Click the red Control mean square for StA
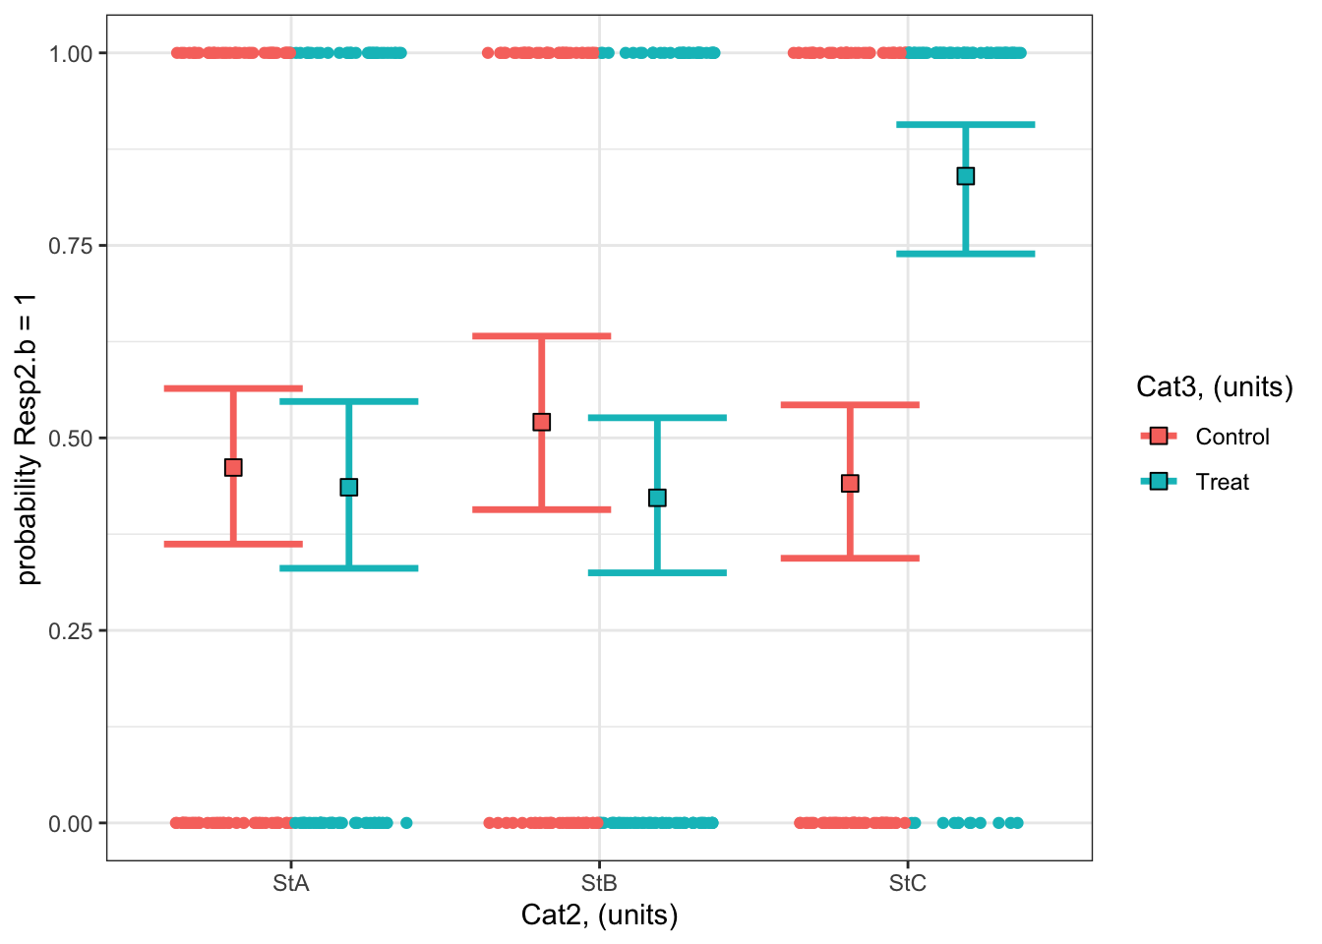point(233,467)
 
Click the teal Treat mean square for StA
point(348,487)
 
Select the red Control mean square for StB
point(541,422)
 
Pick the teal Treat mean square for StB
point(657,498)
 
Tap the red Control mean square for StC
point(850,483)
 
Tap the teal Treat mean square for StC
point(965,176)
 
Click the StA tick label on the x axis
point(290,883)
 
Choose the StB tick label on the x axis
point(599,883)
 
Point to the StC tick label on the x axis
point(907,883)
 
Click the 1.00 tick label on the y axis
point(71,53)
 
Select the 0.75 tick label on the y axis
point(71,246)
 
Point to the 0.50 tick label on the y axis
point(71,439)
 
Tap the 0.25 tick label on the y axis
point(71,630)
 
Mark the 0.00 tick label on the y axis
point(71,823)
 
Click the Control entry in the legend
point(1232,437)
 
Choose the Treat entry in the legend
point(1222,482)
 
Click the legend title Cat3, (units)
point(1214,386)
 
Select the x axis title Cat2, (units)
point(599,915)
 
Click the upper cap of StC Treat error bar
point(965,125)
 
